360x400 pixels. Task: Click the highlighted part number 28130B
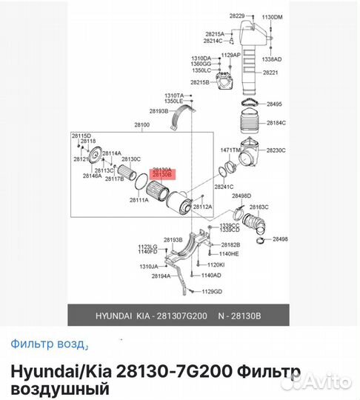click(x=161, y=176)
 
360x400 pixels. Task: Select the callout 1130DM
click(x=273, y=16)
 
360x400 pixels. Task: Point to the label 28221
click(x=275, y=73)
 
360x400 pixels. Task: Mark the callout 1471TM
click(x=231, y=150)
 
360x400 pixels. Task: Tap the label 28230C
click(x=276, y=150)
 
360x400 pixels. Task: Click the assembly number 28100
click(x=141, y=126)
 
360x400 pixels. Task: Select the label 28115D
click(x=81, y=136)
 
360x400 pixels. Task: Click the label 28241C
click(x=224, y=187)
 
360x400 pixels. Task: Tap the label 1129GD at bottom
click(x=212, y=291)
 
